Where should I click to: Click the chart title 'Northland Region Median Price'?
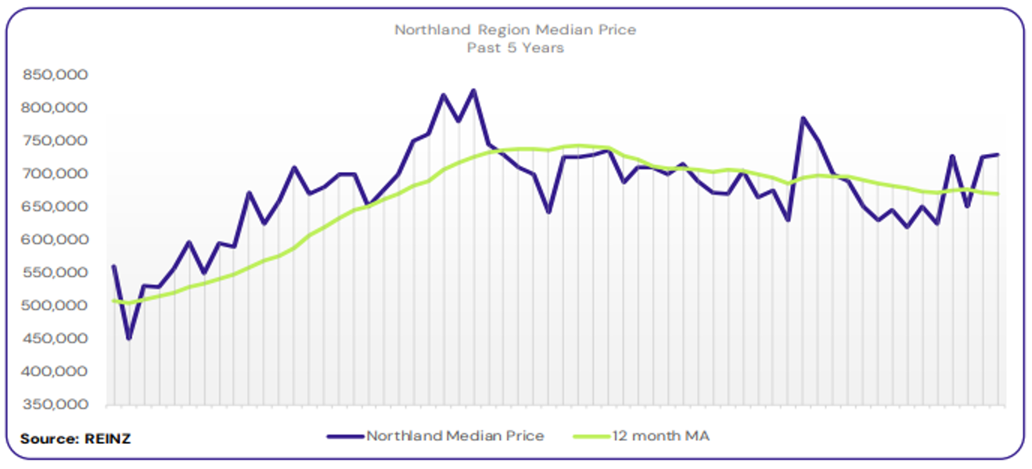515,30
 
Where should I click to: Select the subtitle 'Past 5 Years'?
515,48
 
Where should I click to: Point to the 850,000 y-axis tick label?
56,75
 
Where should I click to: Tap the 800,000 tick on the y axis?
56,108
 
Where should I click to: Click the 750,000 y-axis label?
56,141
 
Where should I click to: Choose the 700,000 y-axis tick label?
56,174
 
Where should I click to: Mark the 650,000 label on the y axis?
56,206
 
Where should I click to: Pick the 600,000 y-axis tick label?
56,240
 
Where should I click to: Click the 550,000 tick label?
56,273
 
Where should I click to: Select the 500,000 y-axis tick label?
56,306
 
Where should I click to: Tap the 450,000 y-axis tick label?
56,338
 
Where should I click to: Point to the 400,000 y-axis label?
56,371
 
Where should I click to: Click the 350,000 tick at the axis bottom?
56,405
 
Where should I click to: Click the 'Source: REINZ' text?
75,439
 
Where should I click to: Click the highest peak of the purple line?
473,91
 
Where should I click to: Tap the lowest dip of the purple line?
128,338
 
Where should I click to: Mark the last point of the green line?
998,194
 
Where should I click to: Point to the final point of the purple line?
998,155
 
